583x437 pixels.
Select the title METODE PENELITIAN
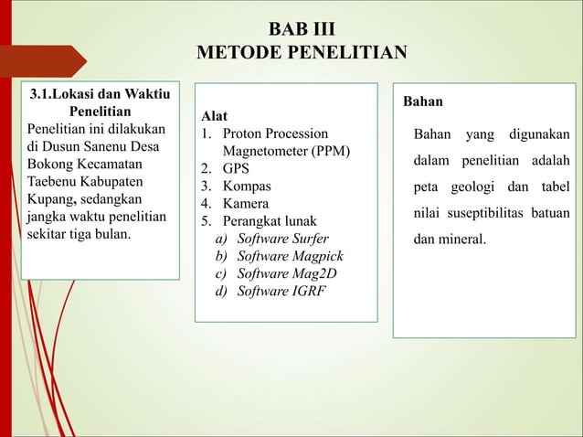pos(302,48)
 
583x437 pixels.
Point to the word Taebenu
pos(57,181)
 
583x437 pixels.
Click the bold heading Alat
pos(216,116)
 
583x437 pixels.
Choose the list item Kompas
pos(247,187)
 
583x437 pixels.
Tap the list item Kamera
pos(248,204)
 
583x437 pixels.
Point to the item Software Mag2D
pos(278,273)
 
